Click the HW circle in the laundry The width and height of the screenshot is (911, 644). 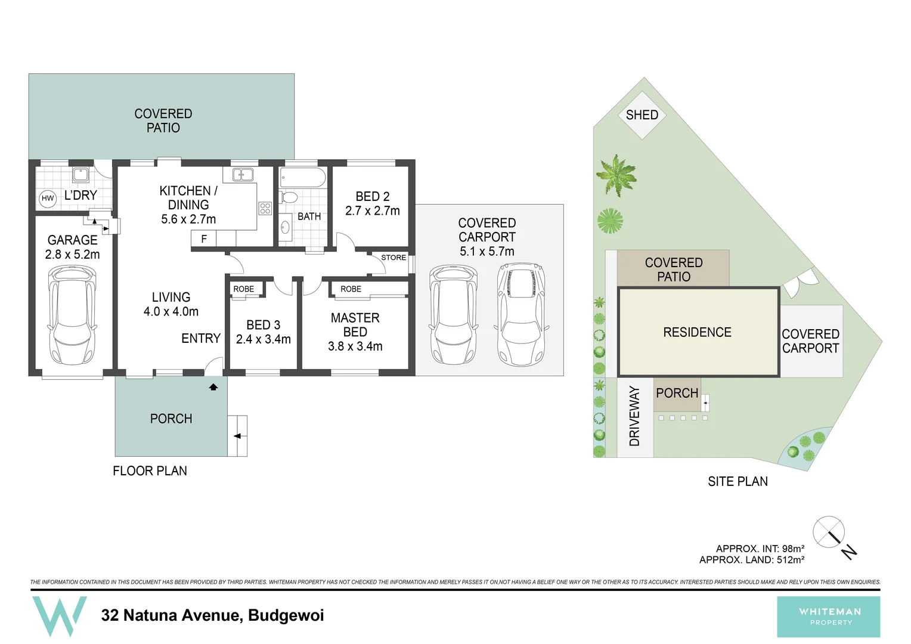[48, 199]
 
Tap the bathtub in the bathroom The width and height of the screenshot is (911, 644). [302, 178]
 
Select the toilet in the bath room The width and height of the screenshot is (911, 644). [289, 197]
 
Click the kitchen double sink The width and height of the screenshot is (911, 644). [243, 175]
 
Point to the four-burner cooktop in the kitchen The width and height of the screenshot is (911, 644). [265, 208]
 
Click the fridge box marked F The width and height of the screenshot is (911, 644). [204, 239]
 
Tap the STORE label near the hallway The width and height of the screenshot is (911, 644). [393, 258]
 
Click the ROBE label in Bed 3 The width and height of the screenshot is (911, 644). [243, 289]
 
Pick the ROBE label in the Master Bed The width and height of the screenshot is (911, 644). [351, 289]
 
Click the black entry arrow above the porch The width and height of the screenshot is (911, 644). [213, 387]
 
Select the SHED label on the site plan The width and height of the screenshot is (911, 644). [642, 115]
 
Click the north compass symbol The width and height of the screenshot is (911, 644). [829, 532]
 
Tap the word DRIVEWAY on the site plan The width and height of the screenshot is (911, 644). [634, 416]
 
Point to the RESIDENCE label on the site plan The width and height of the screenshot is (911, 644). [697, 332]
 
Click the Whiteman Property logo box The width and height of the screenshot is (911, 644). [828, 617]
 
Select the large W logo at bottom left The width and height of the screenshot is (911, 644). [60, 615]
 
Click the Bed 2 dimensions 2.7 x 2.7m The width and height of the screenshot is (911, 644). [373, 210]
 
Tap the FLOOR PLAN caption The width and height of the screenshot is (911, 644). [150, 471]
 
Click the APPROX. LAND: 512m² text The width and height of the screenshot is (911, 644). [751, 560]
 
